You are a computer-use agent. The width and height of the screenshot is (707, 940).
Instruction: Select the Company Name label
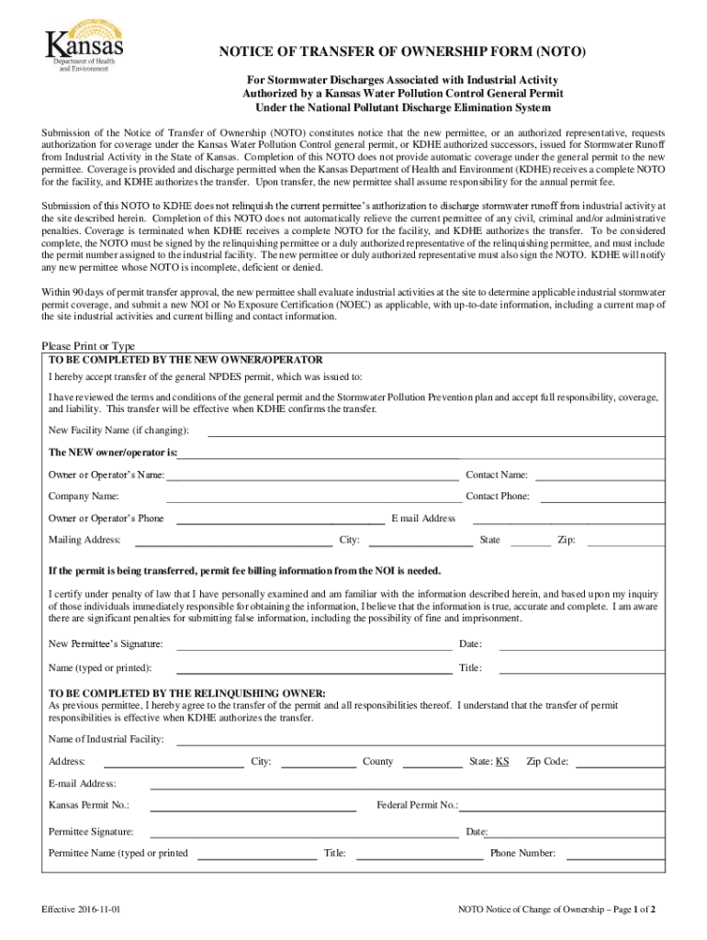click(x=84, y=497)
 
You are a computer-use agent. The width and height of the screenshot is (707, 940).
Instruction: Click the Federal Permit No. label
click(x=417, y=805)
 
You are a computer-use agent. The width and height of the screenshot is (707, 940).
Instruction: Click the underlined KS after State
click(x=502, y=762)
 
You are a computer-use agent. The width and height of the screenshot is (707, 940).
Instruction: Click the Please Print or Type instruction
click(x=88, y=346)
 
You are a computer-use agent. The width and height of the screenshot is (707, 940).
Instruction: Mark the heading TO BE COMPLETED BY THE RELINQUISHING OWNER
click(x=186, y=693)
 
